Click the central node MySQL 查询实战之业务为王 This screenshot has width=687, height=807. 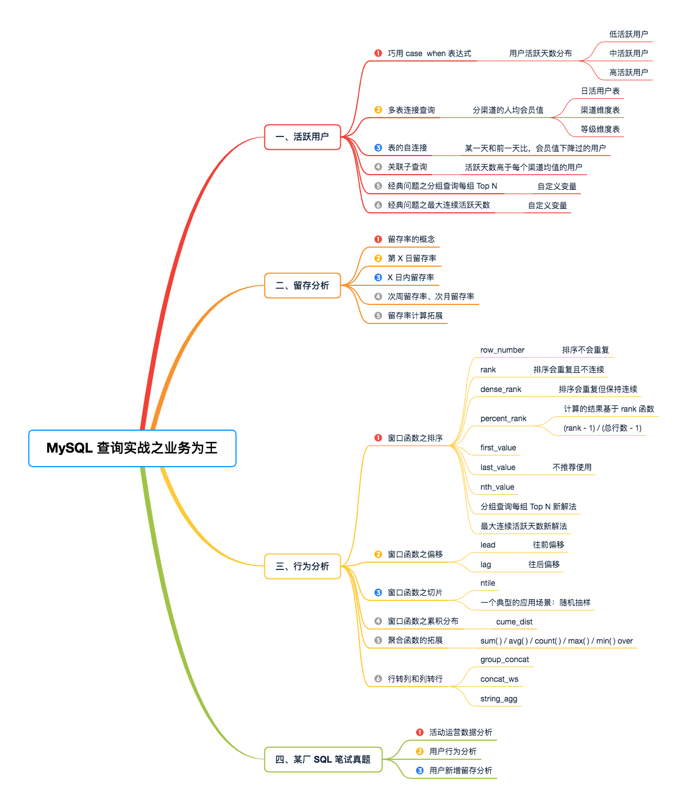(x=132, y=448)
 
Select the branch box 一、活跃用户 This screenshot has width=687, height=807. (x=302, y=137)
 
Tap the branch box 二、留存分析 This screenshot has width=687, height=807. (x=302, y=286)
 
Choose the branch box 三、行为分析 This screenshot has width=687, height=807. (x=302, y=566)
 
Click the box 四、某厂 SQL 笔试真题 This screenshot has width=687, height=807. (x=323, y=760)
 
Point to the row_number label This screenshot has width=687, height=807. (x=502, y=350)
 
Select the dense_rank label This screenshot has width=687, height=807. (x=500, y=389)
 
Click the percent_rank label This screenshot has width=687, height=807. (x=503, y=418)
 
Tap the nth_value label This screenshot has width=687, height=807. (x=497, y=487)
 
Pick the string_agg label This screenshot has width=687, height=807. (x=499, y=699)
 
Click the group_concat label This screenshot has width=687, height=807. (x=504, y=659)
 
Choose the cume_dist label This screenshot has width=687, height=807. (x=514, y=622)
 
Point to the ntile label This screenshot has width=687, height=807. (x=487, y=583)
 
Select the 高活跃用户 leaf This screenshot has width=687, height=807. (x=629, y=72)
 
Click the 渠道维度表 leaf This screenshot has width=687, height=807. (x=600, y=110)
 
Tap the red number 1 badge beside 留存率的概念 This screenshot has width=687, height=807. (x=378, y=239)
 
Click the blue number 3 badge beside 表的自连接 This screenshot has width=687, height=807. (x=378, y=148)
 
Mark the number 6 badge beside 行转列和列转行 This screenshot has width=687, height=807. (x=378, y=679)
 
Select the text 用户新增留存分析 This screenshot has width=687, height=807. (x=460, y=770)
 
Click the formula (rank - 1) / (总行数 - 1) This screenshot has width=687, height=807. (x=602, y=428)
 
